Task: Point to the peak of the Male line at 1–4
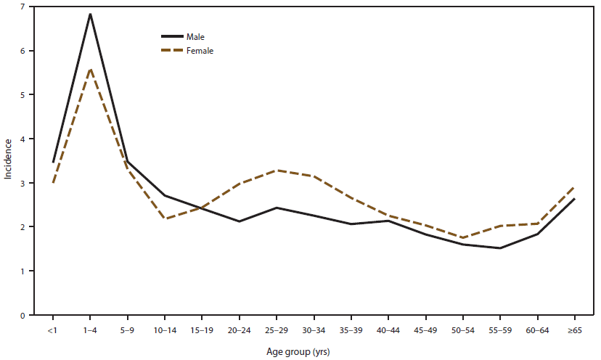90,15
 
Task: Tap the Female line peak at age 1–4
90,69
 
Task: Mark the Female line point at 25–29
277,171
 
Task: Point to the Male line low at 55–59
500,248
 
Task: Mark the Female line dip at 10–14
165,218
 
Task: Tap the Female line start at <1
53,183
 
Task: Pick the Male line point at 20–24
239,221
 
